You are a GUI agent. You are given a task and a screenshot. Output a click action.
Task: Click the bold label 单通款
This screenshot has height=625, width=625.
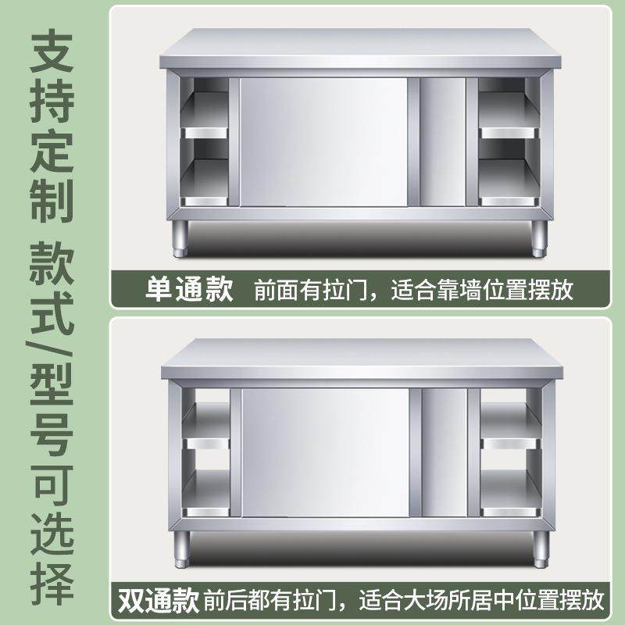[x=189, y=290]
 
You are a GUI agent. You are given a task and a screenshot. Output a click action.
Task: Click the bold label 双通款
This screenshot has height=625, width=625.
[x=157, y=601]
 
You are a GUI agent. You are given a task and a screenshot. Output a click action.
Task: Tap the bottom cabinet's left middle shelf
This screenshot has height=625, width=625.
[x=207, y=444]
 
